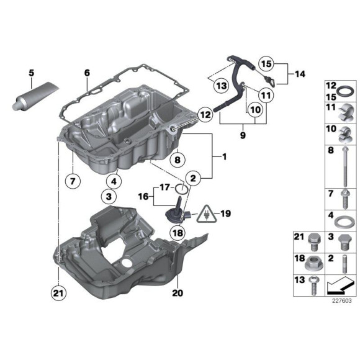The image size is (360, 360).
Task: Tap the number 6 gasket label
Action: click(87, 73)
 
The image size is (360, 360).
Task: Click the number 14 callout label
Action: click(300, 74)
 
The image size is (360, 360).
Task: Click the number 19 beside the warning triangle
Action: click(225, 214)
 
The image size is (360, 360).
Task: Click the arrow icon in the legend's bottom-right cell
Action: click(339, 286)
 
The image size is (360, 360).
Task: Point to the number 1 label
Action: click(225, 158)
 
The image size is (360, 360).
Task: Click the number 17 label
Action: click(164, 186)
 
